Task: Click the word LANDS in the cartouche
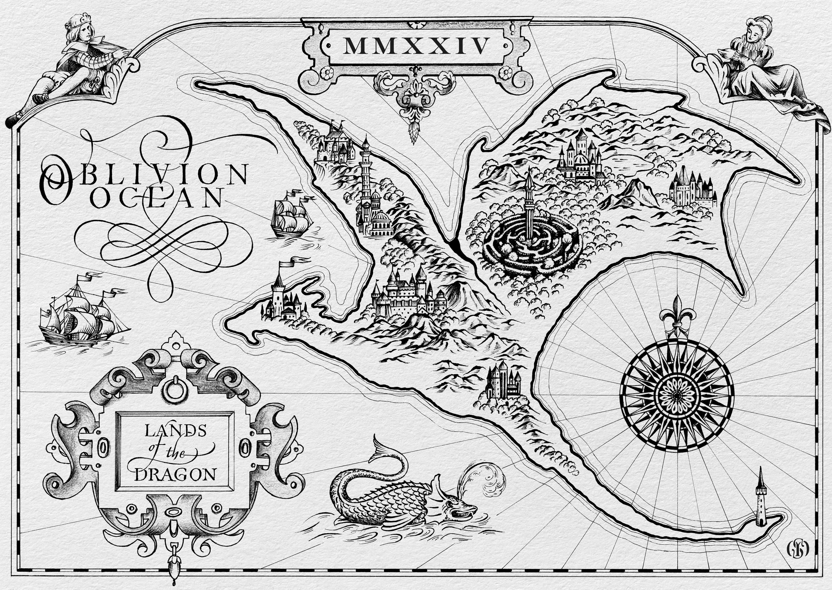pyautogui.click(x=175, y=431)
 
